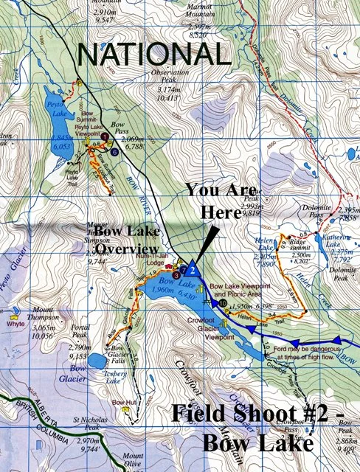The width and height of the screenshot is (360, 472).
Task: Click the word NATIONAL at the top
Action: point(154,55)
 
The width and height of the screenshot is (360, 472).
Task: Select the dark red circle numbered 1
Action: point(105,137)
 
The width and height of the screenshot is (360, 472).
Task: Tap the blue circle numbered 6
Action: point(116,152)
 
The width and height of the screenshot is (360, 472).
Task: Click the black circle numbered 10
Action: point(224,303)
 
